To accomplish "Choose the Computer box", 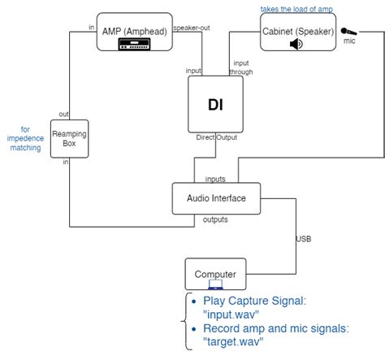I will [215, 275].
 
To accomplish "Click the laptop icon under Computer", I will [215, 285].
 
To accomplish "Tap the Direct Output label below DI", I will [216, 138].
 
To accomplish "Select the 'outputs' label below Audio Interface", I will [214, 219].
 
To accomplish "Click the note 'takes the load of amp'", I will [296, 9].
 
